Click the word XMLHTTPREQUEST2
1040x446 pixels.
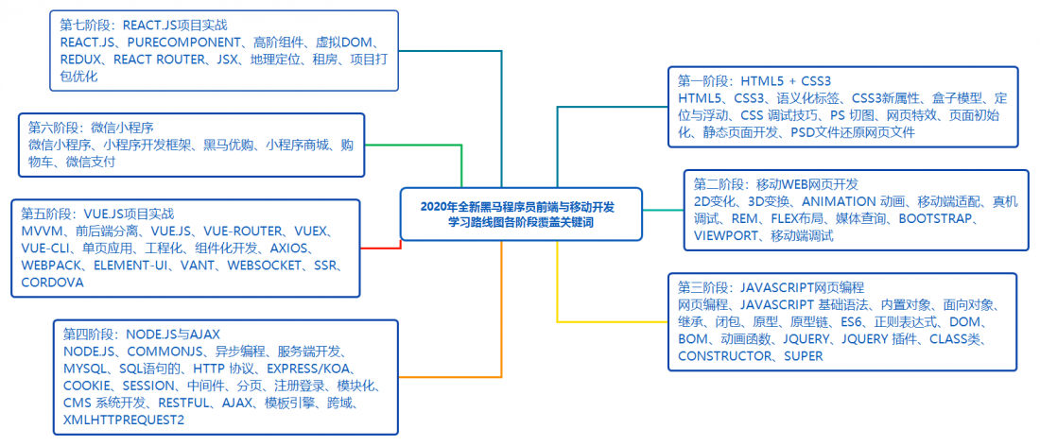pyautogui.click(x=124, y=420)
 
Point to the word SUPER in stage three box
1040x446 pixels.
pyautogui.click(x=804, y=356)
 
